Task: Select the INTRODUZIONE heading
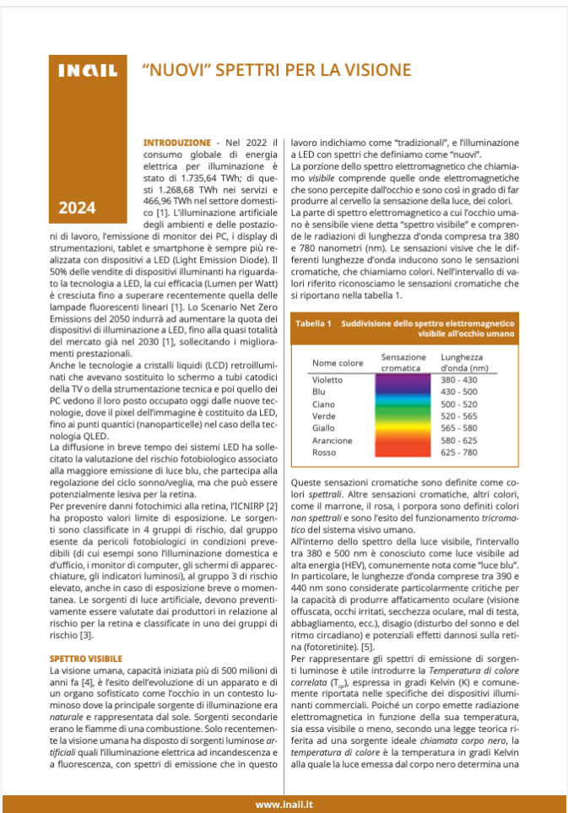click(x=177, y=143)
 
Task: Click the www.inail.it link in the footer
click(x=285, y=804)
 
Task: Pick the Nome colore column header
click(x=338, y=363)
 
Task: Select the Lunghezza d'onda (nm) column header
click(x=464, y=363)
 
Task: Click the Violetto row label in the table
click(x=328, y=380)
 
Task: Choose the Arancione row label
click(x=333, y=441)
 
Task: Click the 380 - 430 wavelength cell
click(x=458, y=380)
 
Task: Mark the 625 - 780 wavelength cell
click(x=458, y=453)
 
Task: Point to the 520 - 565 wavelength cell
click(x=458, y=416)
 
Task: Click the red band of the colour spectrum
click(x=403, y=451)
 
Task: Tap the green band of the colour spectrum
click(x=403, y=415)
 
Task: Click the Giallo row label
click(x=324, y=428)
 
